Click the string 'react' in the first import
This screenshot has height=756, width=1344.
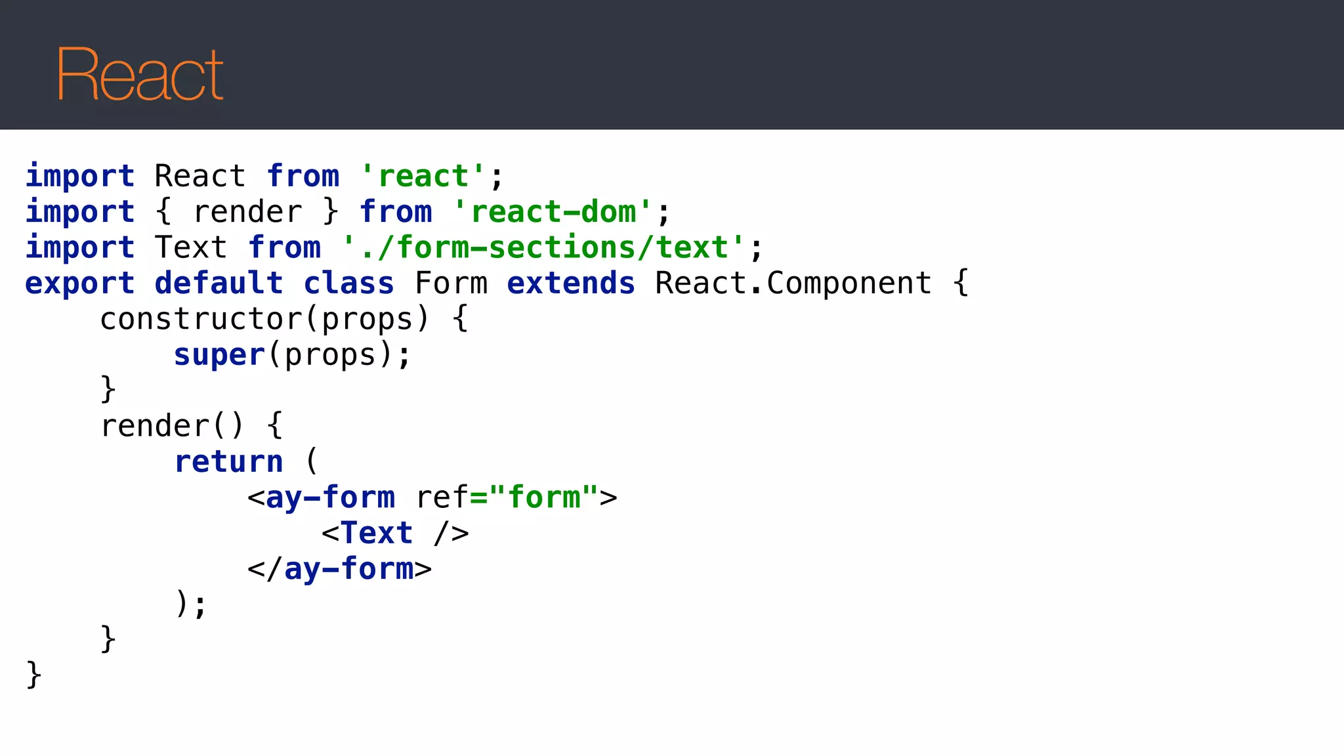(x=423, y=177)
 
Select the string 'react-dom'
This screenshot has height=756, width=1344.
(x=553, y=212)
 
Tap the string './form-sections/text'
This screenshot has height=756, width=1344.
(x=544, y=248)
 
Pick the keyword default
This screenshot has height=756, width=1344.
(x=219, y=283)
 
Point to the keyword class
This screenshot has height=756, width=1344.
(x=348, y=283)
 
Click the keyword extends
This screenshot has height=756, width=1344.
(x=571, y=283)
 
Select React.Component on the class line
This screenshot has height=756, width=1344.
(x=793, y=283)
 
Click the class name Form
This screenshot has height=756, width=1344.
(x=451, y=283)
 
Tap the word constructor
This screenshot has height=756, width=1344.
(x=200, y=319)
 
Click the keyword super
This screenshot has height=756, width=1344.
(x=219, y=355)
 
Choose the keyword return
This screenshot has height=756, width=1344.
(x=228, y=462)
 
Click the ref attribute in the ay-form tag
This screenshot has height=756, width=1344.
(x=442, y=497)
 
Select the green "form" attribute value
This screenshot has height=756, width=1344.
(x=544, y=497)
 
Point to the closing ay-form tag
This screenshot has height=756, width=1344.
(x=339, y=569)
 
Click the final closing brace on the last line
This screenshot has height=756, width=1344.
(x=33, y=675)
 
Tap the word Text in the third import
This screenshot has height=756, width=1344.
(x=190, y=248)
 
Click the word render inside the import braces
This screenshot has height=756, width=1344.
(x=247, y=212)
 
